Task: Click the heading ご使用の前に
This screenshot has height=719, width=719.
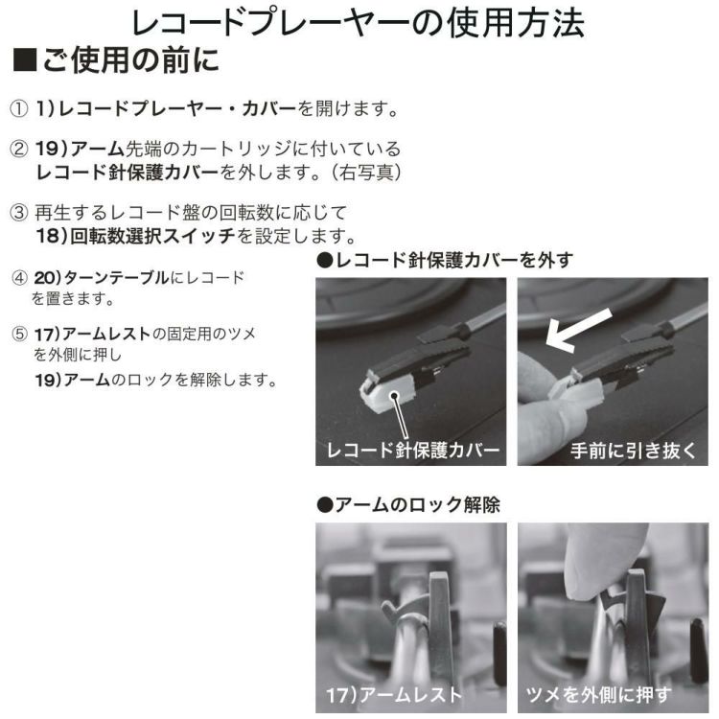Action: (x=129, y=62)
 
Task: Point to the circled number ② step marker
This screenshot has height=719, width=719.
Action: (x=19, y=151)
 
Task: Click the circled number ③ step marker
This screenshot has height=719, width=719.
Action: (x=19, y=212)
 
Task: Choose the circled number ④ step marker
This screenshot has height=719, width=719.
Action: (x=19, y=278)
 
